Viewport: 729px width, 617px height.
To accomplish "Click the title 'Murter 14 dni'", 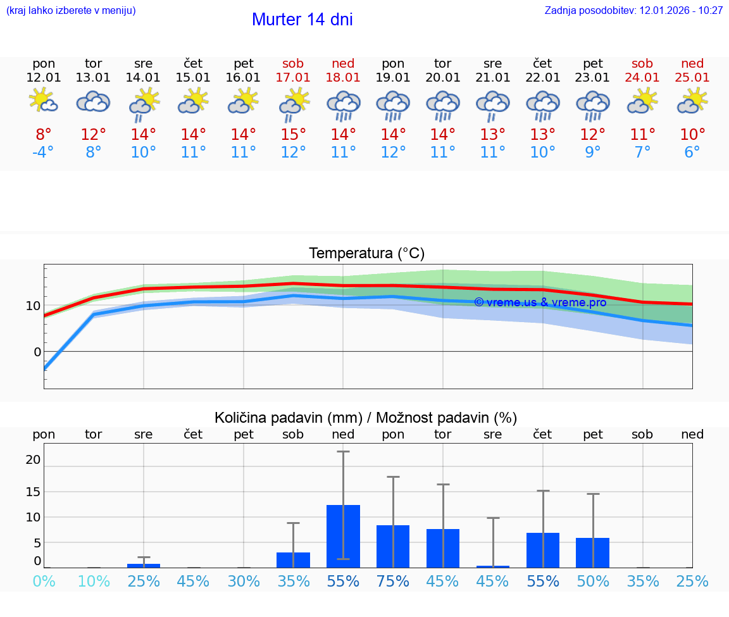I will pyautogui.click(x=302, y=20).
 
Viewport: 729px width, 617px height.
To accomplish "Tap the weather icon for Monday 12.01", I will pyautogui.click(x=44, y=101).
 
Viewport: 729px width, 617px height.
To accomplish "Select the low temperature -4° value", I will pyautogui.click(x=44, y=153).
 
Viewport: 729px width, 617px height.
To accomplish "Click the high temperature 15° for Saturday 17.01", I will pyautogui.click(x=293, y=135).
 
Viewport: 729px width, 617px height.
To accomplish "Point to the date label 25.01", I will pyautogui.click(x=692, y=77).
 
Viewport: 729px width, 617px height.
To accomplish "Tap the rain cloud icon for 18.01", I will pyautogui.click(x=343, y=105).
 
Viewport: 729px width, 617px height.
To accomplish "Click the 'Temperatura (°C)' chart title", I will pyautogui.click(x=366, y=254).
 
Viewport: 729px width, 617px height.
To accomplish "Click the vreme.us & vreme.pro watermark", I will pyautogui.click(x=540, y=302).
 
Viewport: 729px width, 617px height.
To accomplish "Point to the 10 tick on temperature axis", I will pyautogui.click(x=33, y=306).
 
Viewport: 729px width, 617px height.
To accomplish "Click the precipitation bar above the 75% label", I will pyautogui.click(x=393, y=546).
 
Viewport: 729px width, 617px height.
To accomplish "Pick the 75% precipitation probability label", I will pyautogui.click(x=393, y=581).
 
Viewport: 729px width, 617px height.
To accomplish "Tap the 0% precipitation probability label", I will pyautogui.click(x=44, y=581).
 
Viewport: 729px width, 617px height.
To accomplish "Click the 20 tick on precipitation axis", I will pyautogui.click(x=33, y=459).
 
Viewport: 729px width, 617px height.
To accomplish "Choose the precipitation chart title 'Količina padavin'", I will pyautogui.click(x=366, y=418).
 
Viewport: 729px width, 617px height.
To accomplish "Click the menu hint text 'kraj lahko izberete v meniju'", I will pyautogui.click(x=71, y=10).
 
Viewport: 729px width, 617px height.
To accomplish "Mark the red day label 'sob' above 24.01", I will pyautogui.click(x=642, y=63).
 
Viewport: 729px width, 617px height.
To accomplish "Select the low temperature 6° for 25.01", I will pyautogui.click(x=692, y=153).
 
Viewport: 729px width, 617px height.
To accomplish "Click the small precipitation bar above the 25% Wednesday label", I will pyautogui.click(x=144, y=565).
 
